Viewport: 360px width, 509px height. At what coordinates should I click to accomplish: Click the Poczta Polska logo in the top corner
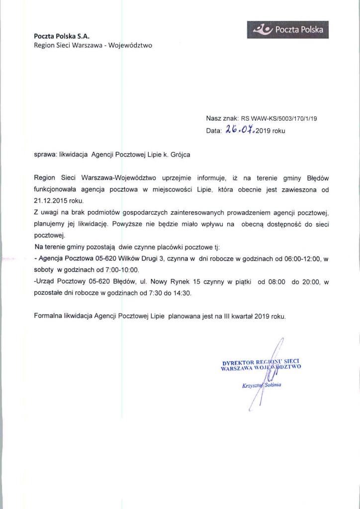click(287, 30)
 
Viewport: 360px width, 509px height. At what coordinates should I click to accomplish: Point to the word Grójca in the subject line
click(180, 155)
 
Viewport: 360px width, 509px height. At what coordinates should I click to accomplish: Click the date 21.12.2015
click(49, 201)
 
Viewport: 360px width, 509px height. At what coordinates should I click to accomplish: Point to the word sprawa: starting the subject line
click(45, 155)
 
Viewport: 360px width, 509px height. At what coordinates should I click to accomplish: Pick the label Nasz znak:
click(222, 119)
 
